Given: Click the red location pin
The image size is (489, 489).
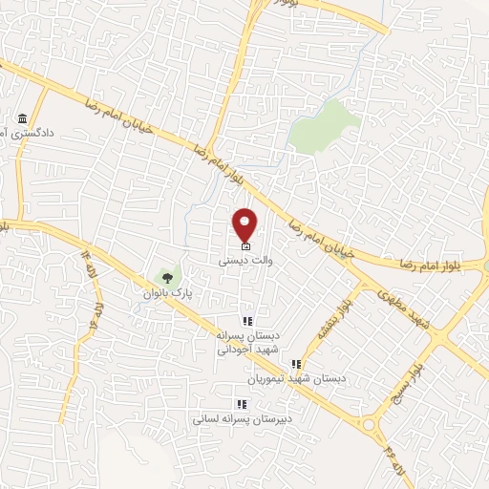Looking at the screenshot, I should tap(245, 224).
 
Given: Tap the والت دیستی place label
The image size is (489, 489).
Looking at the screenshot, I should tap(233, 259).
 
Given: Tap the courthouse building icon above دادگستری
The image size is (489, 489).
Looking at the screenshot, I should tap(21, 119).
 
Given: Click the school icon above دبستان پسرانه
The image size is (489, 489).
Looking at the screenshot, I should tap(246, 322).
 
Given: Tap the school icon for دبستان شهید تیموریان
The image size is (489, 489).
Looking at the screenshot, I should tap(296, 364).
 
